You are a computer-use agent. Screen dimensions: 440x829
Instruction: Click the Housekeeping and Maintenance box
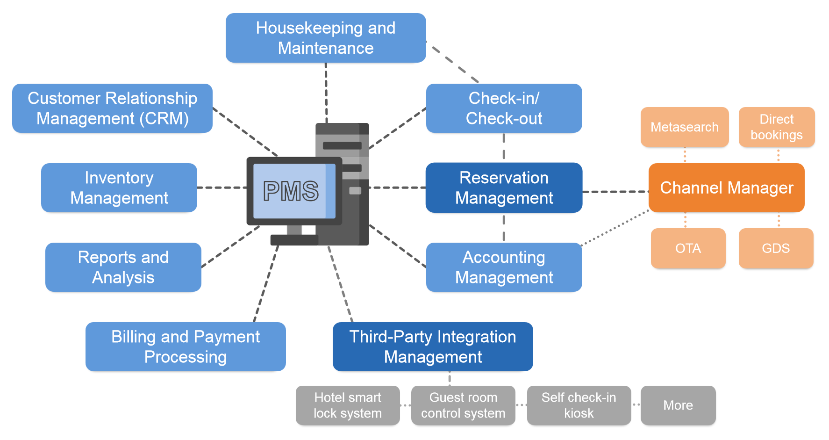click(326, 38)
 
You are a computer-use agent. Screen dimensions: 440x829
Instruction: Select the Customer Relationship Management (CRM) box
click(112, 108)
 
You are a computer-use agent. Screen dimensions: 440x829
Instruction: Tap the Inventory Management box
click(119, 188)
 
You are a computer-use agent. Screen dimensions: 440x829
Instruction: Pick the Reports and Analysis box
click(123, 267)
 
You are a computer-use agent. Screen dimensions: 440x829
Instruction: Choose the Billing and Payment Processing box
click(186, 346)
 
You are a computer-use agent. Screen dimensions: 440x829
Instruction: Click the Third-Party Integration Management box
click(433, 346)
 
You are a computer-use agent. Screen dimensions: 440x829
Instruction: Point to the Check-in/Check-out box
click(504, 108)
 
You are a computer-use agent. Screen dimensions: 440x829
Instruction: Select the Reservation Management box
click(504, 188)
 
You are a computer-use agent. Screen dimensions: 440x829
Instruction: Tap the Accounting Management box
click(504, 267)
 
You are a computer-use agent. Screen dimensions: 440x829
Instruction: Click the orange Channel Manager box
click(726, 188)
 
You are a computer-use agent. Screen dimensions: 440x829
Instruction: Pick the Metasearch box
click(685, 127)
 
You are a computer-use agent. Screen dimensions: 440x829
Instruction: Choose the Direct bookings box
click(777, 127)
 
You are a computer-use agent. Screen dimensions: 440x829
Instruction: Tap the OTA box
click(688, 248)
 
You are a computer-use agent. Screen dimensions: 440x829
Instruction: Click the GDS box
click(776, 248)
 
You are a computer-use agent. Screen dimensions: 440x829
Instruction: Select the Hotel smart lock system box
click(348, 405)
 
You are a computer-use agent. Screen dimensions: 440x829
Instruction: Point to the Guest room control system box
click(463, 405)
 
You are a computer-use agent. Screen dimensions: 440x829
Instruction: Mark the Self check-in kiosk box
click(579, 405)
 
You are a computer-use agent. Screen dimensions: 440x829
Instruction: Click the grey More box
click(678, 405)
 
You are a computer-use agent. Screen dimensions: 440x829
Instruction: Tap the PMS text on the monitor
click(291, 191)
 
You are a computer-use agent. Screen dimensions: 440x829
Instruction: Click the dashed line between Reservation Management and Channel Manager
click(615, 192)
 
